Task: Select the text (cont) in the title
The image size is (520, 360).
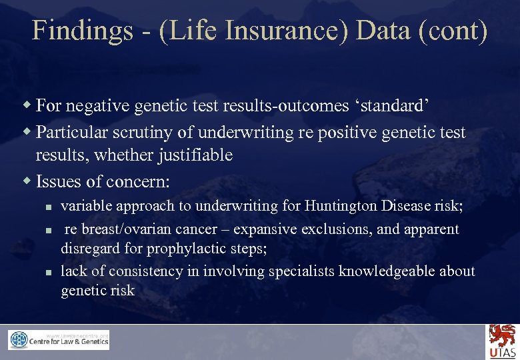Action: click(454, 31)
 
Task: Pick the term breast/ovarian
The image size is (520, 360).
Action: click(132, 229)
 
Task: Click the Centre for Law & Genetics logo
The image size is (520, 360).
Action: click(59, 340)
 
